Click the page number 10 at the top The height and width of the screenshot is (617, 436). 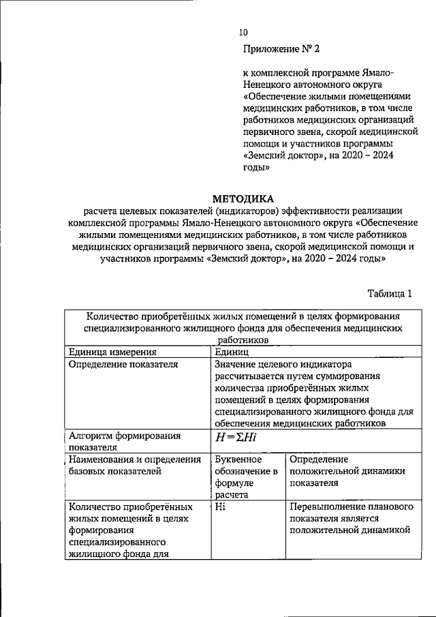(244, 32)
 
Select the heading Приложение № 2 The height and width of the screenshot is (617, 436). (281, 49)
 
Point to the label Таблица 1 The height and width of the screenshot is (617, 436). (390, 294)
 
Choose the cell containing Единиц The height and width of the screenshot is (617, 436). (232, 352)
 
